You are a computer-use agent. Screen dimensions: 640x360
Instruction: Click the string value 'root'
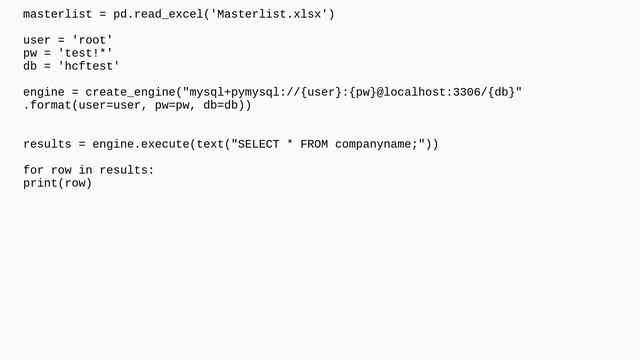click(92, 40)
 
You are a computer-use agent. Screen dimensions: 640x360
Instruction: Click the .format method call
click(47, 105)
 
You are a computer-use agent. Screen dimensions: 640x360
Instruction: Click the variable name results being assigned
click(47, 144)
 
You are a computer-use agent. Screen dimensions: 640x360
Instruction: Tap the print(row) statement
click(57, 183)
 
